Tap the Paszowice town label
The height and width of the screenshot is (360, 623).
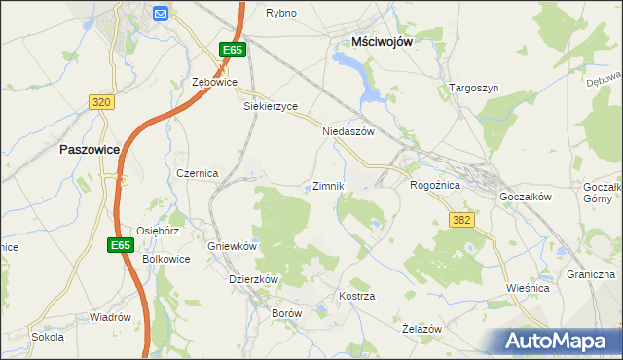point(90,150)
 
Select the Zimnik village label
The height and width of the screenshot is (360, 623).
point(328,186)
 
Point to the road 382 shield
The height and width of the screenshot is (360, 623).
point(461,221)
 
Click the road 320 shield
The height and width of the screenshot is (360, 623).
point(101,101)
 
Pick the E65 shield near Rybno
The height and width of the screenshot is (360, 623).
point(231,50)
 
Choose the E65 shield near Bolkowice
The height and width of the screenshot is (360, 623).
point(120,245)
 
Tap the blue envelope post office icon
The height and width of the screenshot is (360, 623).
point(161,13)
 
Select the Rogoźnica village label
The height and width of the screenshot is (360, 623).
point(434,184)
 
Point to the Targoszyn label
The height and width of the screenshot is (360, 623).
point(474,88)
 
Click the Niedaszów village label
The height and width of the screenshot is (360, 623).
point(348,131)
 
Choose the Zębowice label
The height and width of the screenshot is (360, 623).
point(215,83)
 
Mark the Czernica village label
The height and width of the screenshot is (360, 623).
point(197,172)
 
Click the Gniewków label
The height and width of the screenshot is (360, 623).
point(232,246)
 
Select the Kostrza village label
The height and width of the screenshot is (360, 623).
point(356,295)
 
